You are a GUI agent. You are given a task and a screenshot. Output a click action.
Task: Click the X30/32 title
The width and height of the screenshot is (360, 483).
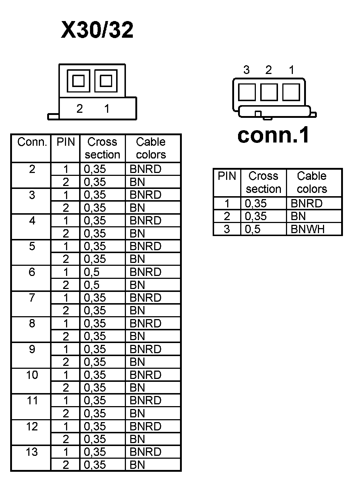[97, 30]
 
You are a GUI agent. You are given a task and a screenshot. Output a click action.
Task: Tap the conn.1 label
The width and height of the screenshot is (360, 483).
[273, 135]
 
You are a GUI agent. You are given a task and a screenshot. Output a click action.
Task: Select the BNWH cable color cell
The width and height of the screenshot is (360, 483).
[307, 229]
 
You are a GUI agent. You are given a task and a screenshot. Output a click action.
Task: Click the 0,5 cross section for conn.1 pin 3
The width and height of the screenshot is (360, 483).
[253, 229]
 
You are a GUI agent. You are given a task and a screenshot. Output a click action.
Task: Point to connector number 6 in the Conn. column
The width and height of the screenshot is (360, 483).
[32, 272]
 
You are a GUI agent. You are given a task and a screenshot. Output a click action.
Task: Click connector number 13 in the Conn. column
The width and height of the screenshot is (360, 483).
[32, 452]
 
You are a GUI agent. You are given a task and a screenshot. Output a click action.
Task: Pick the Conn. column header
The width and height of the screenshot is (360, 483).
[32, 142]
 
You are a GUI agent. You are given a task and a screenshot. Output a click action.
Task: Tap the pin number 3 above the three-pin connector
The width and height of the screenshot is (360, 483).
[246, 70]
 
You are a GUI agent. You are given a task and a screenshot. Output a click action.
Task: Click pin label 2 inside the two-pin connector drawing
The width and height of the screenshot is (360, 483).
[79, 108]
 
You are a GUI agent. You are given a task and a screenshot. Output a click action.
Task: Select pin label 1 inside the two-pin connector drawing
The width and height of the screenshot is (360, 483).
[107, 108]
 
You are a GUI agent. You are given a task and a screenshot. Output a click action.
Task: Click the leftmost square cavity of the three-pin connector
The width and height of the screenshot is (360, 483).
[247, 92]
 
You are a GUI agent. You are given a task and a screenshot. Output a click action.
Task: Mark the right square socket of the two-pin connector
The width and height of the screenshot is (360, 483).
[106, 80]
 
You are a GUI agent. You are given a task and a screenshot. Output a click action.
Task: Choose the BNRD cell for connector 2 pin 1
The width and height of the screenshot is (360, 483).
[145, 169]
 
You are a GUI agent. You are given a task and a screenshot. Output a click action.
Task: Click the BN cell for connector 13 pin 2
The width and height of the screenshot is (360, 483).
[137, 465]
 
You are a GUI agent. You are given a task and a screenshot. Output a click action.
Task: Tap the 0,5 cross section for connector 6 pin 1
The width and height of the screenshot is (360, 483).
[91, 272]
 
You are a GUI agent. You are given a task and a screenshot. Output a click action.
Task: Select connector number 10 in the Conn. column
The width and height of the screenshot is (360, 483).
[32, 375]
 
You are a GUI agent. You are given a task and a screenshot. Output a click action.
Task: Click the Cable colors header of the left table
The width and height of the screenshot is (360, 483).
[151, 148]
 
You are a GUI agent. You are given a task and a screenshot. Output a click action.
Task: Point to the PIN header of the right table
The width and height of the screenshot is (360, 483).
[227, 176]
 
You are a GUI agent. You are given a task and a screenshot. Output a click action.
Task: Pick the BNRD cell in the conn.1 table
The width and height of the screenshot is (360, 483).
[306, 203]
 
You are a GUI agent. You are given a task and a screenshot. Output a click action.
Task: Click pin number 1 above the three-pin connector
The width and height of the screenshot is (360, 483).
[291, 70]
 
